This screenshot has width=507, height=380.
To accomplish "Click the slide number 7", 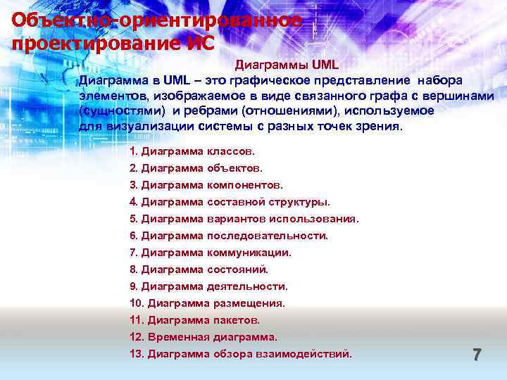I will (477, 355).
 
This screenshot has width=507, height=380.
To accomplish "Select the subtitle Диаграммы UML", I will (287, 65).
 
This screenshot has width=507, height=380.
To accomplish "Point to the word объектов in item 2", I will (234, 168).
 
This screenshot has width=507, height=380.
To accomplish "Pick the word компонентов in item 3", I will (244, 185).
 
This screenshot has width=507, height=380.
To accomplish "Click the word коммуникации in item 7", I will (249, 253).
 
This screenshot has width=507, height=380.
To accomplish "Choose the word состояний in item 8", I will (237, 270).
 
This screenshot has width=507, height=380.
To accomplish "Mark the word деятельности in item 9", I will (247, 286).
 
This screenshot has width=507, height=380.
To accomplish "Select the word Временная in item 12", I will (178, 337).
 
